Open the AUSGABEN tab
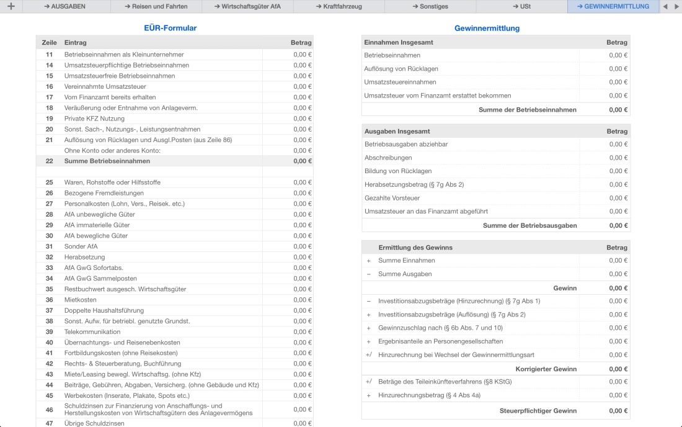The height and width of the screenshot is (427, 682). pyautogui.click(x=65, y=6)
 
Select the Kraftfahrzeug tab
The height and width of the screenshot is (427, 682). pyautogui.click(x=339, y=6)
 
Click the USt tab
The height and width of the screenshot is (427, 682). pyautogui.click(x=521, y=6)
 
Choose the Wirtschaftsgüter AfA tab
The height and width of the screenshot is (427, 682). pyautogui.click(x=247, y=6)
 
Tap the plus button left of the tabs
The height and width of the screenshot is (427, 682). pyautogui.click(x=11, y=6)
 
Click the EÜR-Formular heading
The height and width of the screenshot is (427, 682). pyautogui.click(x=170, y=28)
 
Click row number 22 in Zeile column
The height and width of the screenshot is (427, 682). pyautogui.click(x=49, y=161)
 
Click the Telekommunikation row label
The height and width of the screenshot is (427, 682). pyautogui.click(x=92, y=332)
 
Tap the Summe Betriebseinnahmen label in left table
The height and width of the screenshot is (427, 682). pyautogui.click(x=107, y=161)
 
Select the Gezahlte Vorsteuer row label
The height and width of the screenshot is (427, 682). pyautogui.click(x=392, y=198)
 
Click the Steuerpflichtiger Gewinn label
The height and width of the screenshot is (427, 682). pyautogui.click(x=538, y=411)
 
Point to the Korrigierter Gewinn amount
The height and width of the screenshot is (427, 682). pyautogui.click(x=618, y=369)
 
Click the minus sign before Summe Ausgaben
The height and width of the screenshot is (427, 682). pyautogui.click(x=369, y=274)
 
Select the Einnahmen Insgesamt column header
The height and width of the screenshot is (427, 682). pyautogui.click(x=399, y=42)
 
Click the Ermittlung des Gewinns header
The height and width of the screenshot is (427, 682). pyautogui.click(x=415, y=247)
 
